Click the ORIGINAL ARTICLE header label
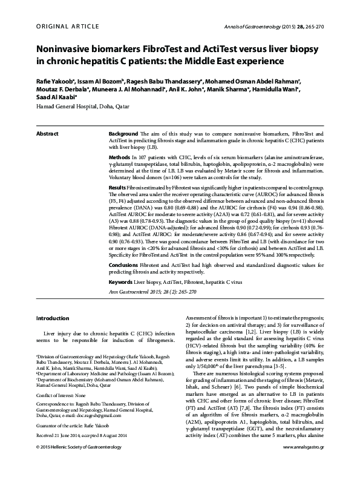click(x=60, y=26)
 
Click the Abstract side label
click(x=47, y=133)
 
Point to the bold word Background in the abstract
click(x=123, y=133)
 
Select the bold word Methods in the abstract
click(x=119, y=156)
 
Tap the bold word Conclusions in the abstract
click(x=125, y=265)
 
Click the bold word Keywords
click(x=122, y=283)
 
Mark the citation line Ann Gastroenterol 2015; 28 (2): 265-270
click(x=144, y=292)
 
